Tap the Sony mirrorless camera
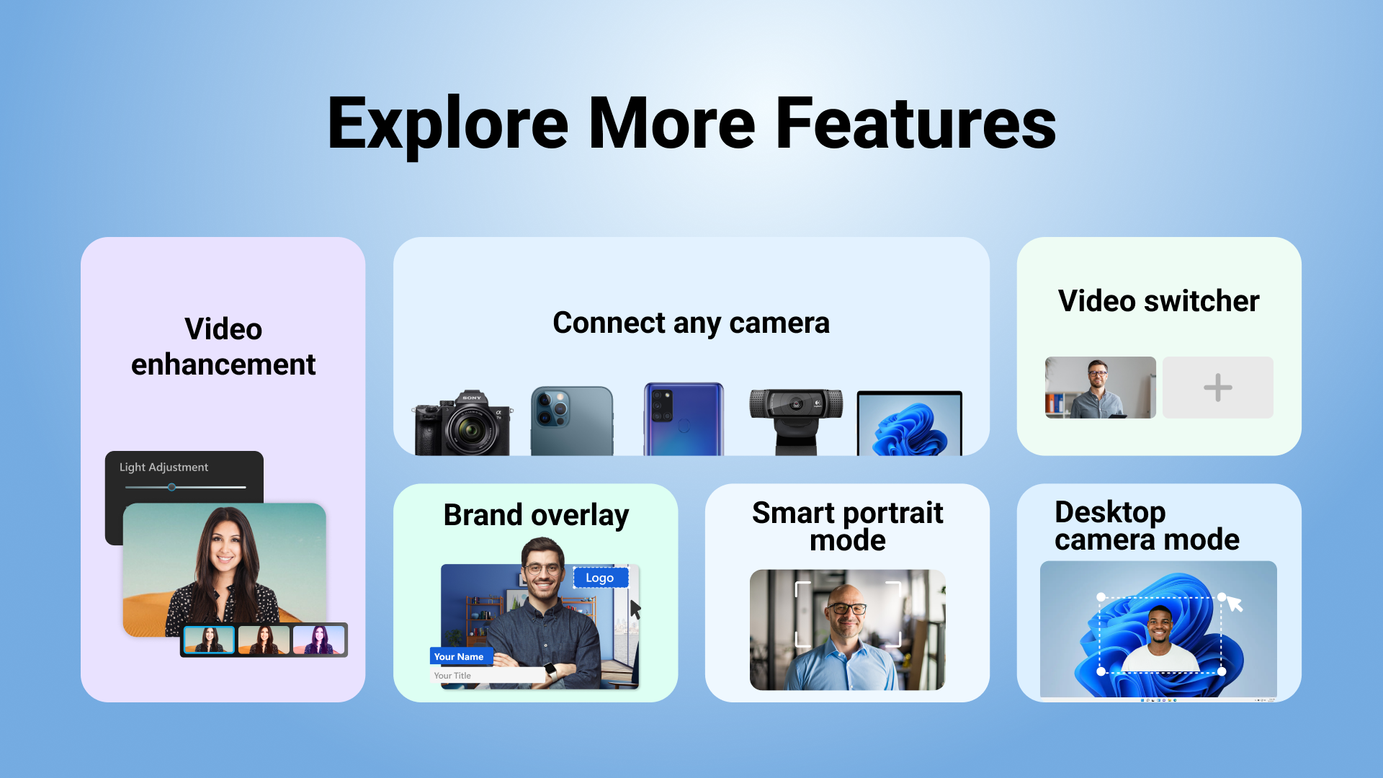462,424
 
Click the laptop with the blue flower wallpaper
910,424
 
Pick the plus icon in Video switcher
1218,388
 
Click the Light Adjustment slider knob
171,488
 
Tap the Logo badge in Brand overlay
601,578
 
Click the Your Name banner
461,656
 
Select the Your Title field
487,676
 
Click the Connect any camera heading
691,323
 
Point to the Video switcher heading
1158,301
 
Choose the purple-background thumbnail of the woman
319,640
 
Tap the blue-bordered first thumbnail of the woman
209,640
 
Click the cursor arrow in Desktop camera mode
1235,603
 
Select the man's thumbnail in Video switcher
1101,388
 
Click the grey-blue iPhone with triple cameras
572,421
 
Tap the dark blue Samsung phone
684,419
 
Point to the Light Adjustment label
164,468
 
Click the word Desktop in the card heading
1110,513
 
